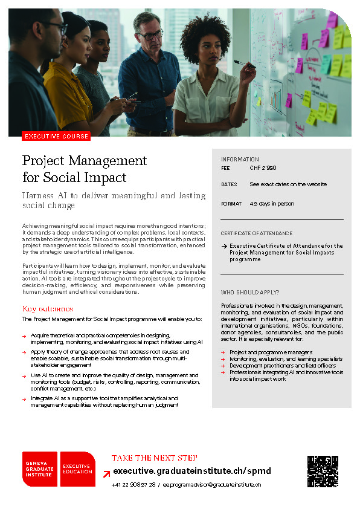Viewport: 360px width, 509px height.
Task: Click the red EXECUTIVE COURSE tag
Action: coord(55,137)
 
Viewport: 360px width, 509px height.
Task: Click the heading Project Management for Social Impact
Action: coord(85,169)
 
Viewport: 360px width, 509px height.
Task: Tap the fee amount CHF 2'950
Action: coord(263,168)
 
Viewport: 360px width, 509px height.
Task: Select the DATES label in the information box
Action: coord(229,184)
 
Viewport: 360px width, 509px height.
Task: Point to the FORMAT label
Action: coord(231,204)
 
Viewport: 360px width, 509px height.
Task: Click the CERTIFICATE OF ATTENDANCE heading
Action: coord(256,233)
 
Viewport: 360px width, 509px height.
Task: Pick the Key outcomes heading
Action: coord(47,309)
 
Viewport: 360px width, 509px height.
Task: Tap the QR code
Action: coord(323,472)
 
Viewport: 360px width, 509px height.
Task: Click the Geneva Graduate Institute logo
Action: coord(40,469)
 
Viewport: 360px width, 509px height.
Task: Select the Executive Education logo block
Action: coord(77,469)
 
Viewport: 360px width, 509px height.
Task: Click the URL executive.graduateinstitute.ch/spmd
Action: coord(192,471)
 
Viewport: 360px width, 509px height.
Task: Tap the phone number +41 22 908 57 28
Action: coord(133,485)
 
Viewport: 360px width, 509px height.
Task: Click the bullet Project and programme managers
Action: coord(271,352)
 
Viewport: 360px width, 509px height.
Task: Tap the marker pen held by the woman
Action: coord(245,62)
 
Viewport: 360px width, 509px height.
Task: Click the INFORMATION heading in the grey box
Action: coord(240,160)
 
